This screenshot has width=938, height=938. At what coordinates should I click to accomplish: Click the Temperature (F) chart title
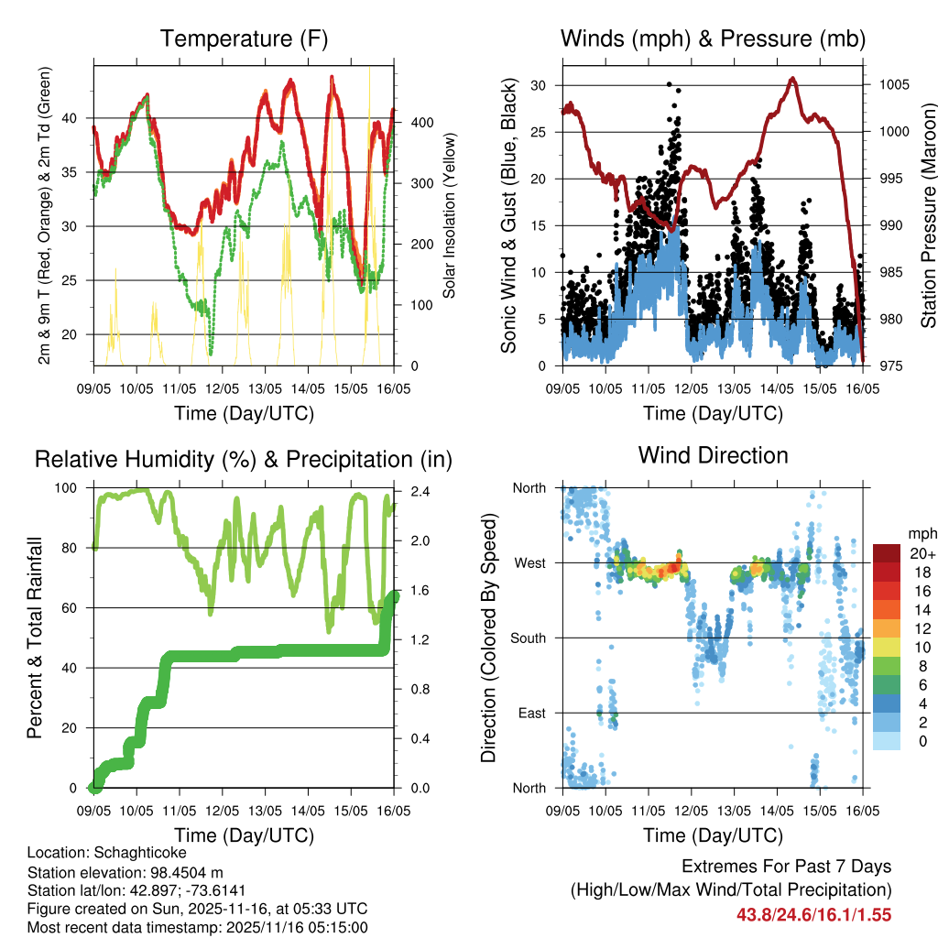pos(244,39)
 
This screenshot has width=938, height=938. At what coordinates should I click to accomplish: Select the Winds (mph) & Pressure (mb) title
pos(713,39)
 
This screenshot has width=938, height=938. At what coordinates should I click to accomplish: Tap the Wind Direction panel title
pos(713,455)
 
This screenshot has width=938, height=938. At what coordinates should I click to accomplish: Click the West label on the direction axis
pos(529,563)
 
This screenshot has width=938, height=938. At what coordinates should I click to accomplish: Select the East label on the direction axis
pos(530,713)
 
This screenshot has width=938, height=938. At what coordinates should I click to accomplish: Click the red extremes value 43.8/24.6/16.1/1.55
pos(813,914)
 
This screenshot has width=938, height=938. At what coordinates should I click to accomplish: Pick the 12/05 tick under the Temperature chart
pos(223,376)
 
